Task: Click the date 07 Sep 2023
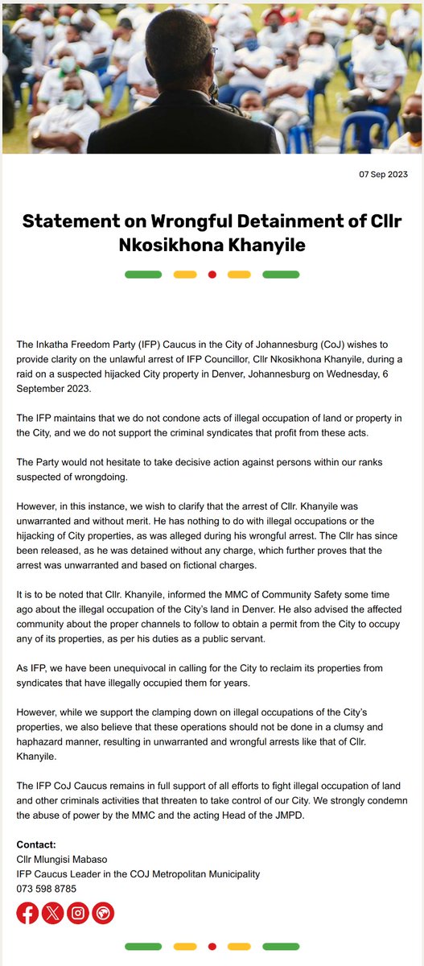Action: [x=385, y=175]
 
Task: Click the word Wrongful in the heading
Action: [x=191, y=221]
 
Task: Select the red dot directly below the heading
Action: [x=212, y=275]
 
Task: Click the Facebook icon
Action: [x=27, y=913]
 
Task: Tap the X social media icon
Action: [x=52, y=913]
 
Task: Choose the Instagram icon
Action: [x=77, y=913]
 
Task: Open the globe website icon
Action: [x=103, y=913]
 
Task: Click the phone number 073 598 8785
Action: [x=47, y=890]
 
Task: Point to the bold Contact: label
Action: [x=36, y=844]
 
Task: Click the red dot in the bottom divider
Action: [x=212, y=946]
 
